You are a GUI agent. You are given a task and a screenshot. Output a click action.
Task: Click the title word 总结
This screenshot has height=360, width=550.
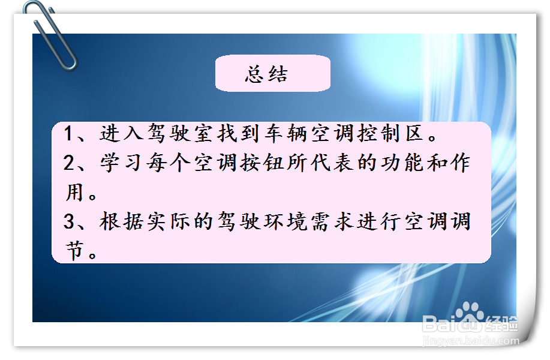(x=266, y=74)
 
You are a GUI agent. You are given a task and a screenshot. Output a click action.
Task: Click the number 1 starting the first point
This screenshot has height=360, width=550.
(x=69, y=134)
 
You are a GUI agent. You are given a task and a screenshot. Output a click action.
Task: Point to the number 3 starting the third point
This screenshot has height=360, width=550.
(x=69, y=222)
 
